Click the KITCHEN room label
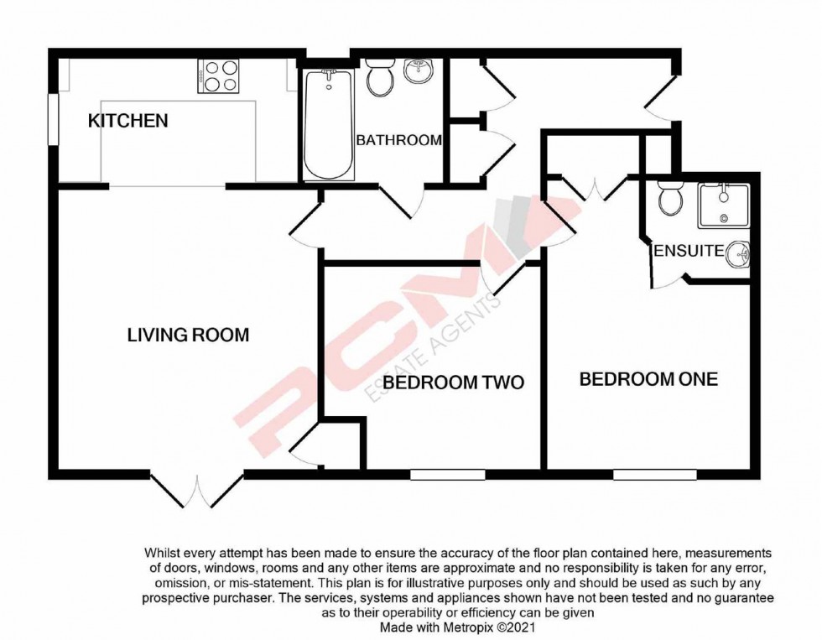pos(127,121)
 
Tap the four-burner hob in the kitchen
pos(218,76)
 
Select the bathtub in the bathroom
pos(329,124)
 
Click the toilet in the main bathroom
pos(380,76)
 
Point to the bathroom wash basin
pos(419,70)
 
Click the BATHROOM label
pos(399,140)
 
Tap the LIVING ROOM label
pos(188,335)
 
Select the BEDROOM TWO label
pos(454,382)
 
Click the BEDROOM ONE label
pos(648,379)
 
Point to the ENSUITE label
pos(689,251)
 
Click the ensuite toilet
pos(670,199)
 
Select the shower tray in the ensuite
pos(723,206)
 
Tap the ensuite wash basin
pos(739,255)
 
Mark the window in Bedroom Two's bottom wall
pos(448,475)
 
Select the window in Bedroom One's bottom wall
pos(655,475)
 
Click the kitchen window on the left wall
pos(53,119)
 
